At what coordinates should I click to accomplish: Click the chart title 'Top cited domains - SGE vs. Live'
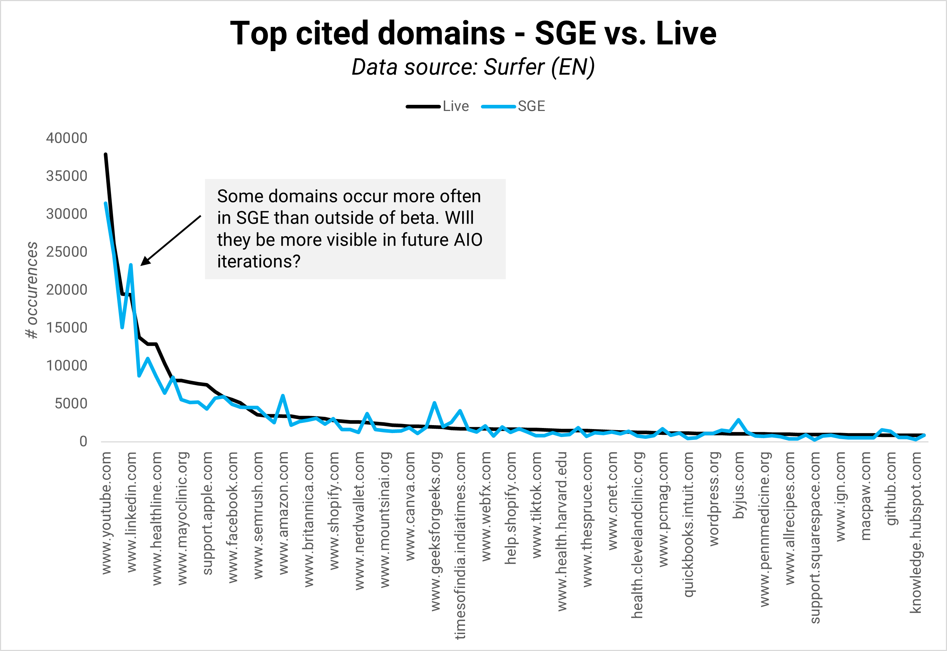(x=473, y=34)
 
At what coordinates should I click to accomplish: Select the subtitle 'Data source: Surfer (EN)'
(x=473, y=67)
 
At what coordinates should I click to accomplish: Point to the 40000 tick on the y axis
(x=67, y=138)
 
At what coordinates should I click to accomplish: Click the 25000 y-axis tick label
(x=67, y=252)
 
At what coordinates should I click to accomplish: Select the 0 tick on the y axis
(x=83, y=441)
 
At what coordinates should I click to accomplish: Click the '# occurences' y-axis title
(x=32, y=290)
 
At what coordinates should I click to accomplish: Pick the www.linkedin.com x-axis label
(x=131, y=512)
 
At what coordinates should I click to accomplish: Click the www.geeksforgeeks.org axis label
(x=435, y=531)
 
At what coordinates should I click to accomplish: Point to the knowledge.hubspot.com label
(x=916, y=532)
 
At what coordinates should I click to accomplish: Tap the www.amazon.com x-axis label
(x=283, y=513)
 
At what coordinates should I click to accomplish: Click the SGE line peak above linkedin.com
(x=130, y=265)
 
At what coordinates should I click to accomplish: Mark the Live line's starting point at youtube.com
(x=106, y=155)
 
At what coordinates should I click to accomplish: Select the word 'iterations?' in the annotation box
(x=259, y=262)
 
